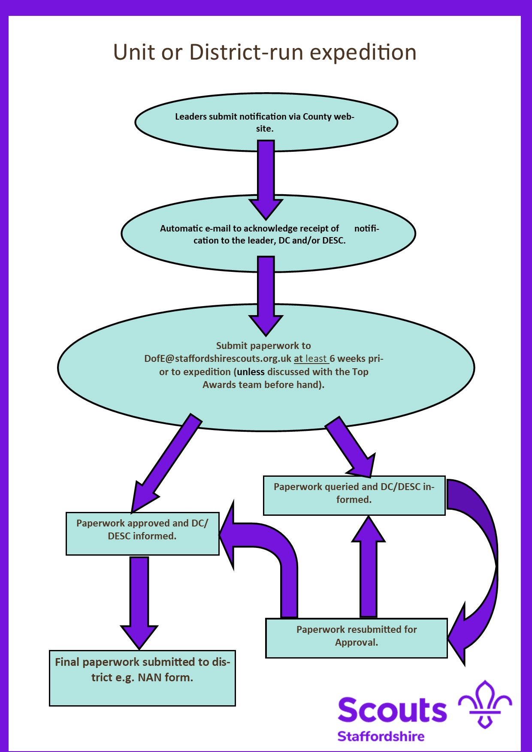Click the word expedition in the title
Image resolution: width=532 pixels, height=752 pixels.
(x=363, y=53)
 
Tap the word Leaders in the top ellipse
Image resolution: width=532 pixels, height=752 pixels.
(x=191, y=117)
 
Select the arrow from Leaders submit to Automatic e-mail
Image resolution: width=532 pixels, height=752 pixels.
(x=266, y=180)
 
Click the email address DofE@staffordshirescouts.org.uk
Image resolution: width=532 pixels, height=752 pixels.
(x=218, y=358)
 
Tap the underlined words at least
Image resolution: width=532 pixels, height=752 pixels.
(x=310, y=358)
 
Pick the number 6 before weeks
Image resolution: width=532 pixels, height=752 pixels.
(x=332, y=358)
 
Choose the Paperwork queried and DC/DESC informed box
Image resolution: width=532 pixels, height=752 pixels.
(x=354, y=496)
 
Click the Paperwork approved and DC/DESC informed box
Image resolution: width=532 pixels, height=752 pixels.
(x=142, y=534)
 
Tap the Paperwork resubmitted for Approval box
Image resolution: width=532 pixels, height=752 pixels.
(x=356, y=638)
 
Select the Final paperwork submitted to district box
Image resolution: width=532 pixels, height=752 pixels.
(x=142, y=678)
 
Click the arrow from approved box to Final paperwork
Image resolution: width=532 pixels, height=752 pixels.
(x=139, y=600)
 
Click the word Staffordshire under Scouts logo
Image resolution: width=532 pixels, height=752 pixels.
(x=381, y=737)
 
